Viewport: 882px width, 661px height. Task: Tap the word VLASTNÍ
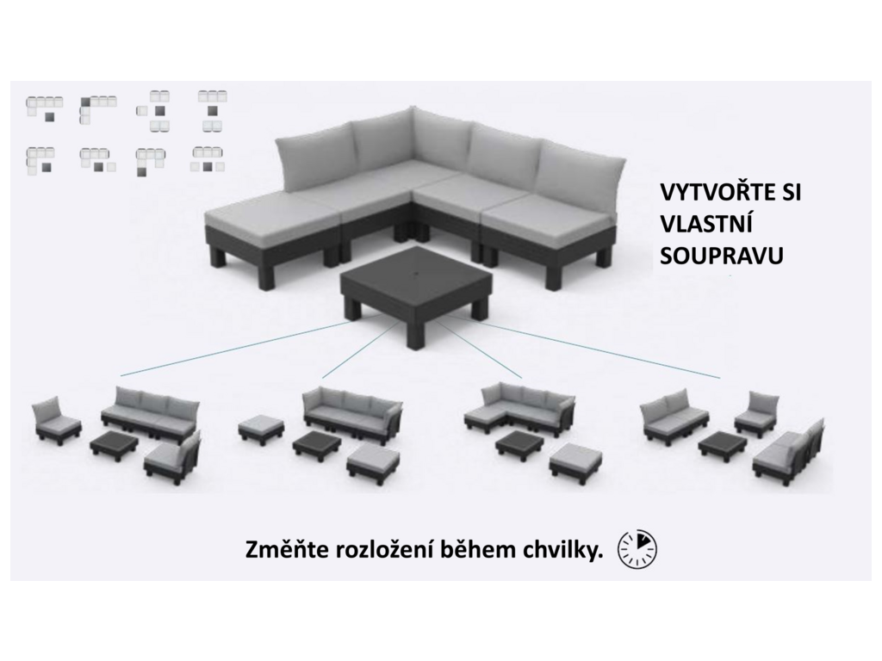click(x=706, y=225)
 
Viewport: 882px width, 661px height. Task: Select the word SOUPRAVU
click(x=722, y=256)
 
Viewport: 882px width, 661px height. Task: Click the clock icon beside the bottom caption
click(x=637, y=548)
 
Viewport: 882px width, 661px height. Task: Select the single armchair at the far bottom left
click(x=54, y=420)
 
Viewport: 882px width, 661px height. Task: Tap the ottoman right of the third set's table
click(x=575, y=459)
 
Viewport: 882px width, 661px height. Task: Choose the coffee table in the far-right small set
click(x=723, y=444)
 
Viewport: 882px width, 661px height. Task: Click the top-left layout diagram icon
click(x=44, y=108)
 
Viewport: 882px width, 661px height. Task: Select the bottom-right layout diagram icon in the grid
click(x=208, y=159)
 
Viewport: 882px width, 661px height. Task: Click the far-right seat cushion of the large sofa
click(x=548, y=213)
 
